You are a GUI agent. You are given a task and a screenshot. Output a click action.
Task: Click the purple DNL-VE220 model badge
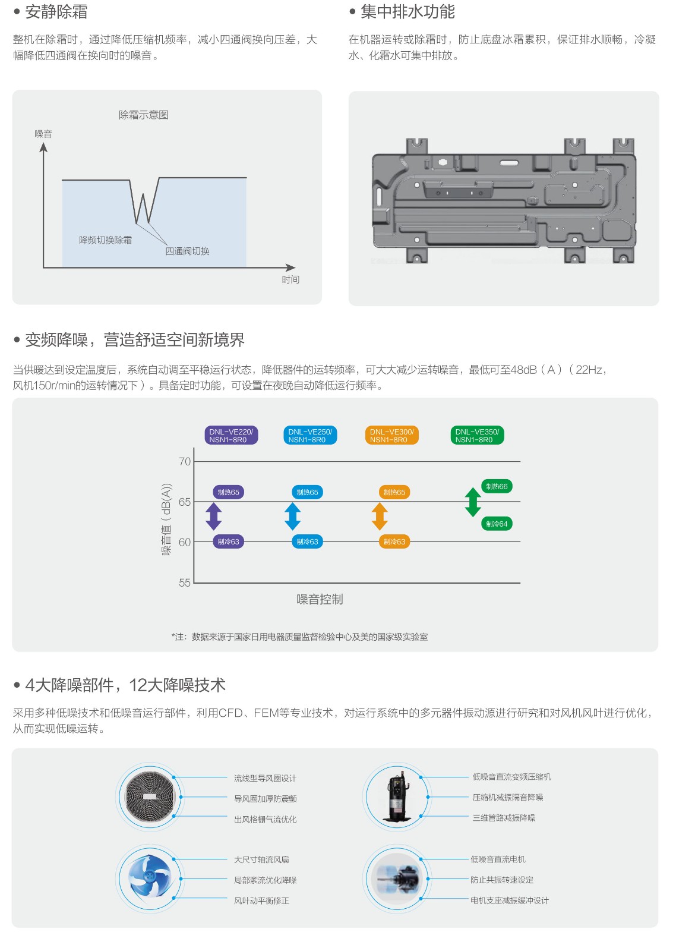click(231, 436)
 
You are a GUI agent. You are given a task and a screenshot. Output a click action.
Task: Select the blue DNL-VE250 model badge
click(309, 436)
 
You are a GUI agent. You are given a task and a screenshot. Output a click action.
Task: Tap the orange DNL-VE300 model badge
click(391, 436)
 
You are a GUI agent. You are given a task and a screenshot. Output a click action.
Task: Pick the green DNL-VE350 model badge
click(477, 436)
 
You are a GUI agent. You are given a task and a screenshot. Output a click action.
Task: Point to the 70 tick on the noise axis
click(185, 461)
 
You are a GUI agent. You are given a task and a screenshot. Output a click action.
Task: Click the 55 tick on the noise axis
click(185, 583)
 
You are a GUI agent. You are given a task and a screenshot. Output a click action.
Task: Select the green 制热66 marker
click(497, 487)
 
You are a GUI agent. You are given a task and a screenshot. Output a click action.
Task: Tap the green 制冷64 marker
click(497, 524)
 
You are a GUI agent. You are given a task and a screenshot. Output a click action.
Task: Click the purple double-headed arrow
click(213, 517)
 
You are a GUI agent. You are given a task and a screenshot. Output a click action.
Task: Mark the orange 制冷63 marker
click(394, 541)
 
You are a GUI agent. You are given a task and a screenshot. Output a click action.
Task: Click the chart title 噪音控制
click(320, 600)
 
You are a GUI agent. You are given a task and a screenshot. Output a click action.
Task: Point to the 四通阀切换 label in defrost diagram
click(187, 251)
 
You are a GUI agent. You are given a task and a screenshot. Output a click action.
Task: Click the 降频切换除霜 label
click(106, 240)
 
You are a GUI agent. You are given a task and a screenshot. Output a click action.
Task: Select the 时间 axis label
click(290, 279)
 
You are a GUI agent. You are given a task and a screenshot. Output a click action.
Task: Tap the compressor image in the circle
click(397, 797)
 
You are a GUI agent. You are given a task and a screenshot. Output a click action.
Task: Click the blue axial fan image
click(150, 878)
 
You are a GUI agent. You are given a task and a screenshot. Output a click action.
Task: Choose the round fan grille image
click(150, 797)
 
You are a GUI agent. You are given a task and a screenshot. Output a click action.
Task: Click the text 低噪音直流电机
click(498, 859)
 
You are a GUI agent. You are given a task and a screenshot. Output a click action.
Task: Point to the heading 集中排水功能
click(408, 12)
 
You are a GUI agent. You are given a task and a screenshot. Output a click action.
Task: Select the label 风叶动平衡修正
click(261, 900)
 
